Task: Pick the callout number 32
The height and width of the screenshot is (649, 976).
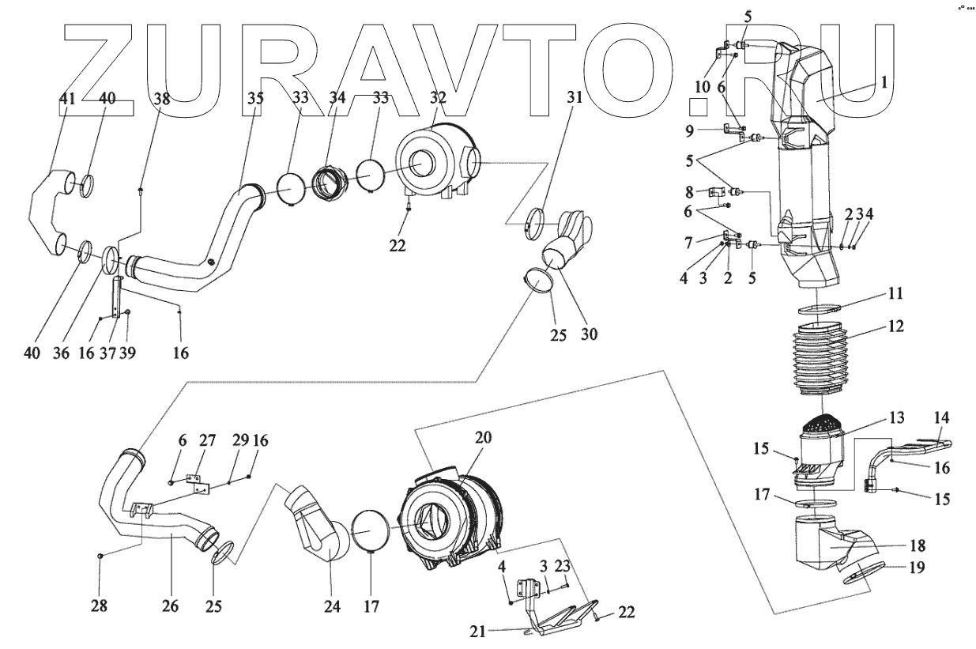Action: click(x=437, y=98)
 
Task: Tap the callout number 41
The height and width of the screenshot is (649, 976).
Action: click(x=68, y=98)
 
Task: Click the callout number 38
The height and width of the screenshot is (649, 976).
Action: click(x=161, y=98)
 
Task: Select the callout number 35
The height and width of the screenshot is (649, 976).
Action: click(x=254, y=98)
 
